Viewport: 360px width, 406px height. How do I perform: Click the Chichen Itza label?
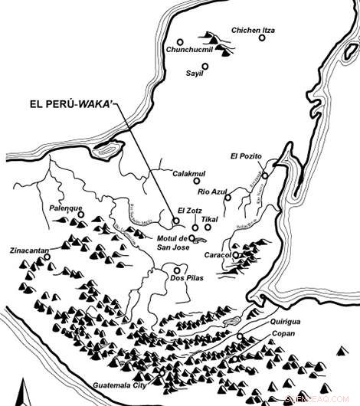253,31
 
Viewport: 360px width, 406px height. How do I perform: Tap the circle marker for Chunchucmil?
179,41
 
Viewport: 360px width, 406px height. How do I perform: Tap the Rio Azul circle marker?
227,198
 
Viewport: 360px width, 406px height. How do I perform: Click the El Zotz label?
189,210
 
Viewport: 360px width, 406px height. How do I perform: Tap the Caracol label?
218,254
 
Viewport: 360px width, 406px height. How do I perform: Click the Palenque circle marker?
80,216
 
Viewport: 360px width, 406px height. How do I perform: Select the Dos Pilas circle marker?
177,270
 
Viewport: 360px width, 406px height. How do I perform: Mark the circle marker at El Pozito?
265,175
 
